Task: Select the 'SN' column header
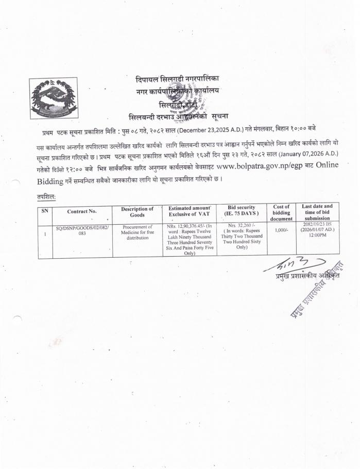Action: [x=45, y=211]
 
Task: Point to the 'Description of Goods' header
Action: [x=137, y=211]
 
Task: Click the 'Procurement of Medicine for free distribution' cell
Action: [x=137, y=232]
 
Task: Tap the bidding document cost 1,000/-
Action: [x=281, y=230]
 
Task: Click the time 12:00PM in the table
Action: [x=317, y=236]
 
